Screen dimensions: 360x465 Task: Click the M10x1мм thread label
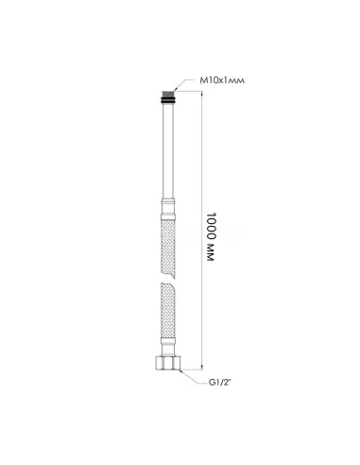[x=222, y=80]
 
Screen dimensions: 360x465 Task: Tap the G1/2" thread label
[x=220, y=383]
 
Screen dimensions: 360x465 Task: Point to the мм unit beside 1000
[x=211, y=252]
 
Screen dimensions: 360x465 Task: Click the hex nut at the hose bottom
[x=168, y=363]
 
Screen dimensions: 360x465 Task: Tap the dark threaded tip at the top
[x=168, y=94]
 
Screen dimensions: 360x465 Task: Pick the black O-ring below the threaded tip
[x=168, y=100]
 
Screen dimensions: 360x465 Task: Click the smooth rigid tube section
[x=168, y=151]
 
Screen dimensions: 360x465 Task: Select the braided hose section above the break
[x=168, y=249]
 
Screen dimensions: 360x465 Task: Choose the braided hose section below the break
[x=168, y=310]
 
